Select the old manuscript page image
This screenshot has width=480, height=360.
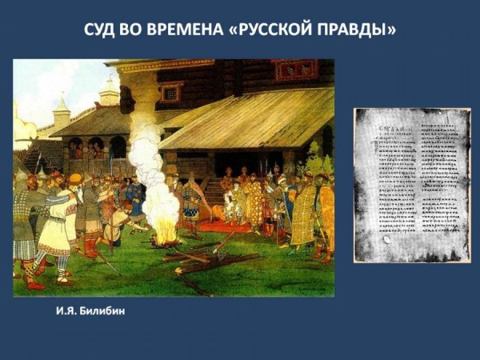click(x=413, y=185)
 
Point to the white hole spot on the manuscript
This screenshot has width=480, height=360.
click(x=390, y=238)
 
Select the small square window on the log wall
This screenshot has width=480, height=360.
click(x=170, y=92)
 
